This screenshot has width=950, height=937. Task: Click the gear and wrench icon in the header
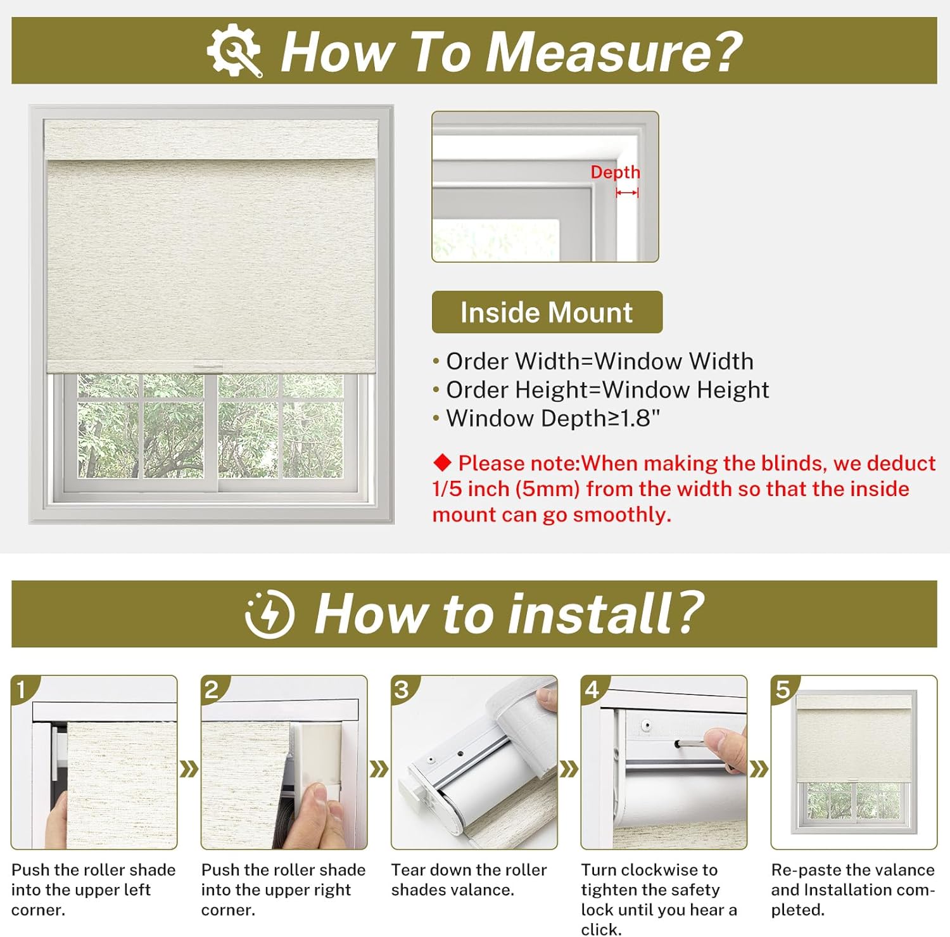click(x=234, y=51)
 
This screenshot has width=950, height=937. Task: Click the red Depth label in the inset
click(x=615, y=172)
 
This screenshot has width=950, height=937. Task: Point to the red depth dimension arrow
click(x=627, y=193)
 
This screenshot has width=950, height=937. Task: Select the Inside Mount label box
click(x=547, y=312)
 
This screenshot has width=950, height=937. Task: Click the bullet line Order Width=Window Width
click(x=599, y=361)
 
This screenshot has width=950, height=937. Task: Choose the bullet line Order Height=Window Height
click(x=607, y=390)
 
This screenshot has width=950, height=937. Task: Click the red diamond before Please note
click(x=442, y=463)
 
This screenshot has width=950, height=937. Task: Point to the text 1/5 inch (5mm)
click(x=506, y=489)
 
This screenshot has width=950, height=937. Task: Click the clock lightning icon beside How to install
click(x=270, y=614)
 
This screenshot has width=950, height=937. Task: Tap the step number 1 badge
click(x=22, y=689)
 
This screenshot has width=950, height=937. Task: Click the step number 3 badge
click(x=402, y=689)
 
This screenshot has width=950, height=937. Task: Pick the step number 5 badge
click(x=783, y=689)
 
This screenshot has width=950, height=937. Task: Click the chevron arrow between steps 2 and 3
click(x=379, y=770)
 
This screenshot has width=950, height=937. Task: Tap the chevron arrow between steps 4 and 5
click(x=759, y=770)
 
